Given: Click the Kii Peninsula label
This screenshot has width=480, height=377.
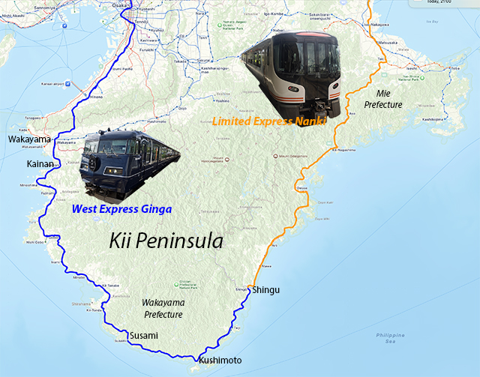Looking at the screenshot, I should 167,241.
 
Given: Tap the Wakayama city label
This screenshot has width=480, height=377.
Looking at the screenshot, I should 30,139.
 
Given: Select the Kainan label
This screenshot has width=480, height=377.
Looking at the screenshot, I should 40,163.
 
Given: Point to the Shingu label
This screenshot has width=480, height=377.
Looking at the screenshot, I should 266,289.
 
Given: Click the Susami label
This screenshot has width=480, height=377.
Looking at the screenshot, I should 143,335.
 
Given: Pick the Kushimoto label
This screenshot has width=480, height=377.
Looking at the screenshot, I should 220,361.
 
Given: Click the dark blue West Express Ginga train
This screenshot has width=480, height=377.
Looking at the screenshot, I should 129,164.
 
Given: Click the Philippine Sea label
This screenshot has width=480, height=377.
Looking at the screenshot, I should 389,338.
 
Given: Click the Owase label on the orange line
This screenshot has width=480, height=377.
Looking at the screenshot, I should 301,187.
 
